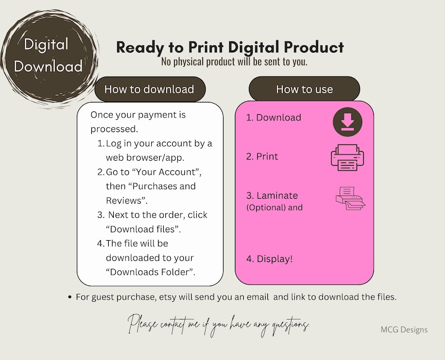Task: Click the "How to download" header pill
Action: coord(149,89)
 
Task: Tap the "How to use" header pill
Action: coord(304,89)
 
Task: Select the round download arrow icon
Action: coord(347,121)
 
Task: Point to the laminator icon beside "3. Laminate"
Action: coord(350,198)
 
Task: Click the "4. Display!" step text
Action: coord(269,259)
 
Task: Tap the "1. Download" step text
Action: coord(274,118)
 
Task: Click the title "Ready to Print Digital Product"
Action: coord(230,48)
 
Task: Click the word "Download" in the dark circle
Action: coord(48,66)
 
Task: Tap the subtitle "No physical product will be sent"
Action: coord(234,62)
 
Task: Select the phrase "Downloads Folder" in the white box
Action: coord(150,273)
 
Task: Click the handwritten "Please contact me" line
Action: coord(219,324)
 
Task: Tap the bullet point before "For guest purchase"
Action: coord(69,297)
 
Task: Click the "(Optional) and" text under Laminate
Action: coord(275,207)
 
